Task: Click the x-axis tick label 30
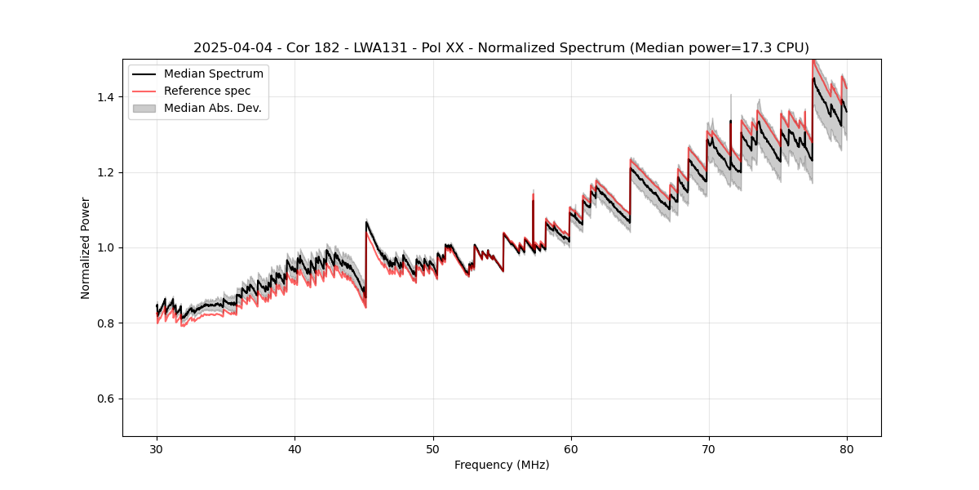157,448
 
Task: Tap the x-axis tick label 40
295,448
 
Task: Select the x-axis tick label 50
432,448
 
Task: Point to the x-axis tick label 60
571,448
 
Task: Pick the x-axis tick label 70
709,448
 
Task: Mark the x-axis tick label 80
847,448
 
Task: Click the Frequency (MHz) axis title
502,465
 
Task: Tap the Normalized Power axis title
86,247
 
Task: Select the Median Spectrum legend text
213,74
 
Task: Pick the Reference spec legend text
207,91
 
